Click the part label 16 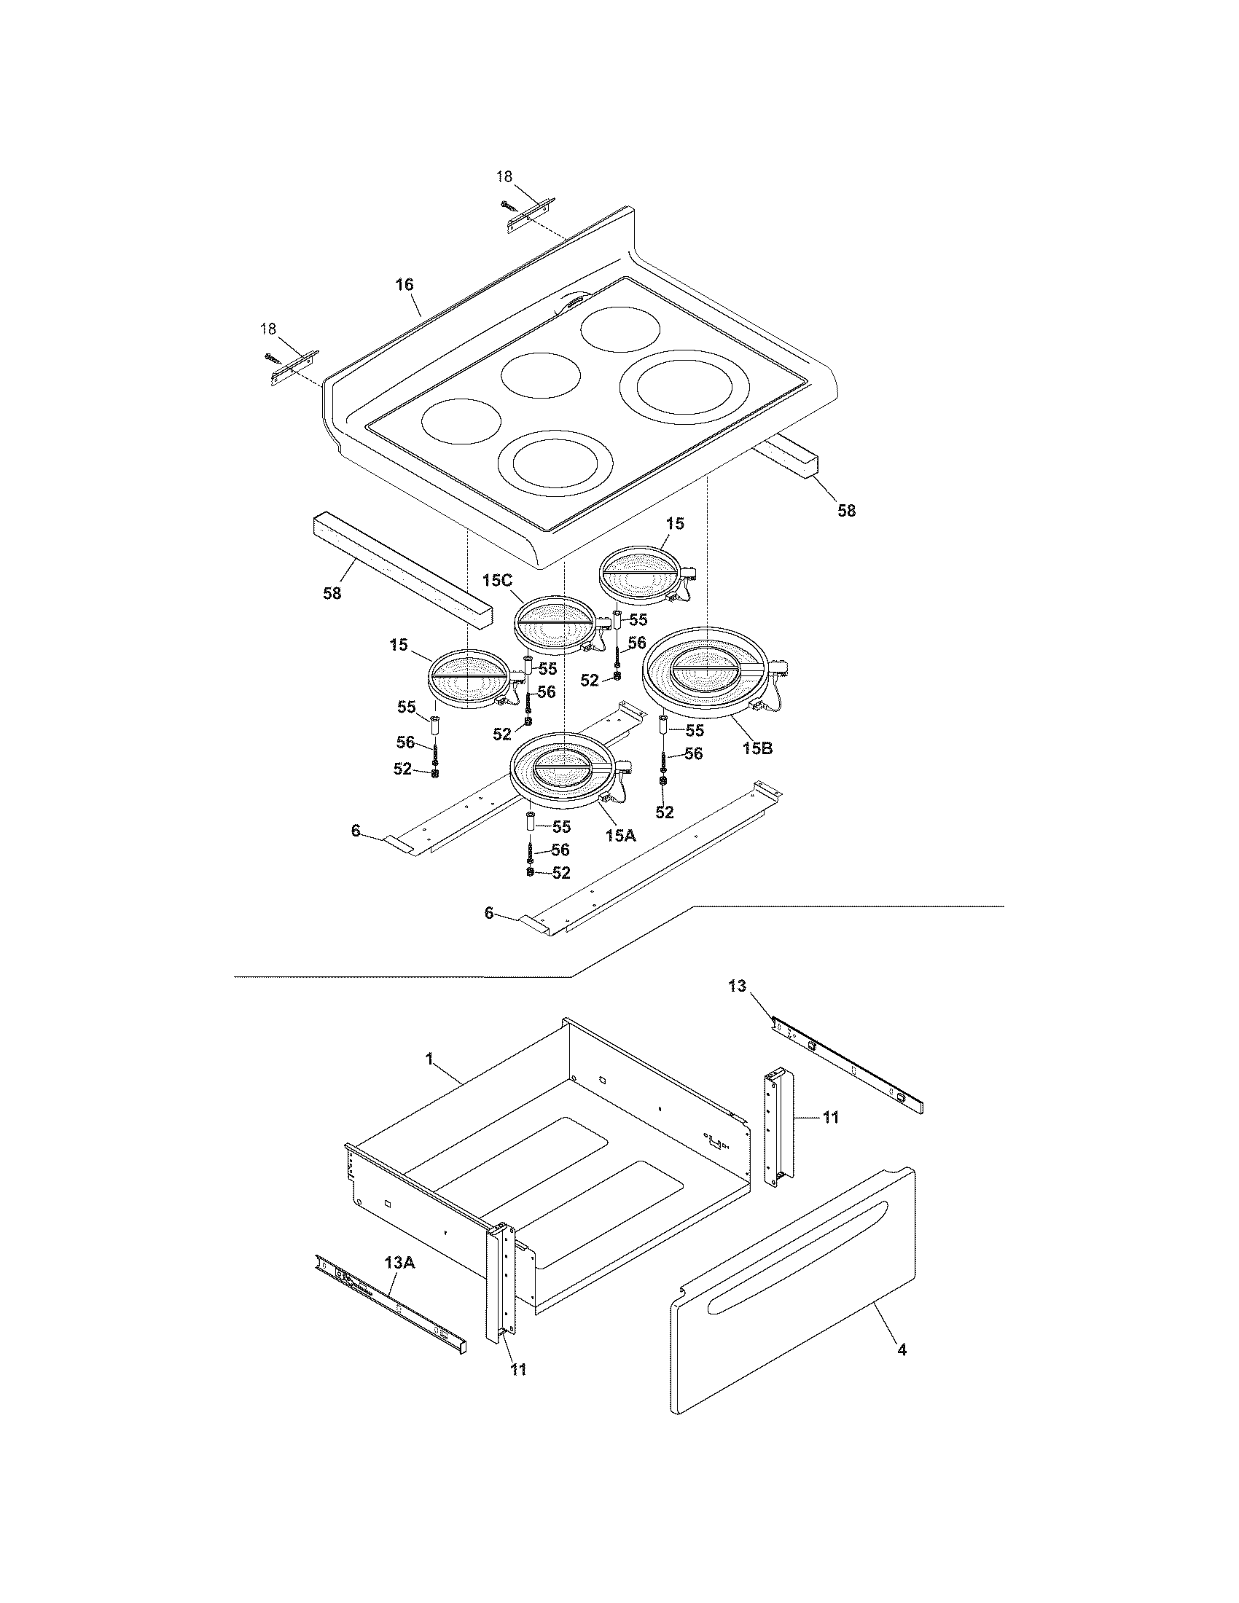click(404, 285)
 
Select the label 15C click(497, 580)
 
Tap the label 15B click(757, 748)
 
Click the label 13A click(399, 1263)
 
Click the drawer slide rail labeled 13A click(389, 1300)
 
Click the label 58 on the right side click(846, 511)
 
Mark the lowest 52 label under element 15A click(560, 872)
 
